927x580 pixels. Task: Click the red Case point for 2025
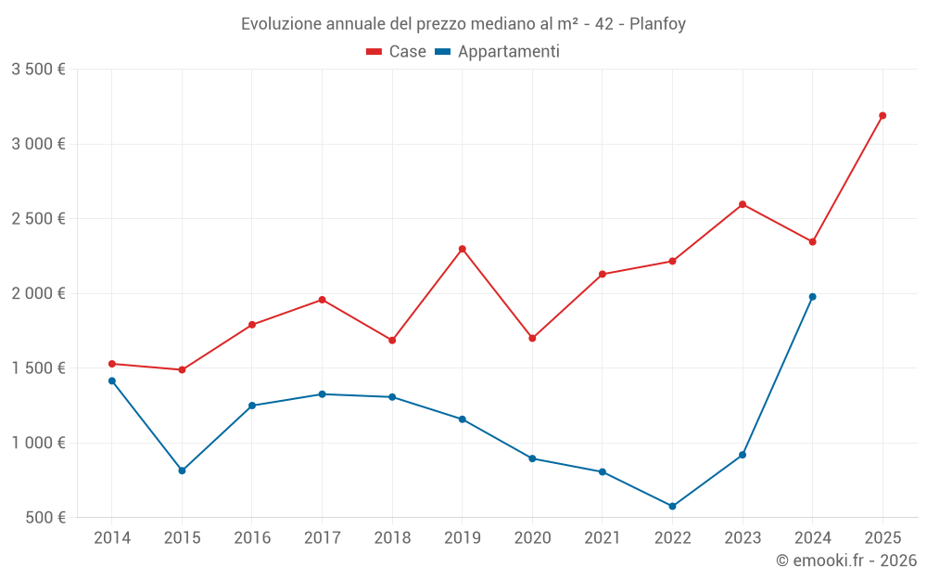click(883, 116)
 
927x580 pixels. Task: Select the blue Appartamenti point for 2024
click(812, 297)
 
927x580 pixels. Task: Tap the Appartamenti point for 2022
click(672, 507)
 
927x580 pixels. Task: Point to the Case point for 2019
click(462, 249)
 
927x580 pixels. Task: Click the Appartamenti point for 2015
click(182, 470)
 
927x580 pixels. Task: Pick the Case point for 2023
click(743, 204)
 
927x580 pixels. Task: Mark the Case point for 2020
click(532, 338)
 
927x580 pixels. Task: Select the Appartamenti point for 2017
click(322, 394)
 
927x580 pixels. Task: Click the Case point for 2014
click(112, 364)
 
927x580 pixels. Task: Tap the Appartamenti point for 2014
click(112, 380)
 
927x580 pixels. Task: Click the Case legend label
click(407, 52)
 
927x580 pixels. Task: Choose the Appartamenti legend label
click(508, 52)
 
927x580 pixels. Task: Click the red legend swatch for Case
click(375, 52)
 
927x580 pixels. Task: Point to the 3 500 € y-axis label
click(39, 70)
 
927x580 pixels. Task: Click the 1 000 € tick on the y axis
click(39, 443)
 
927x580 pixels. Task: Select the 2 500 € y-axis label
click(39, 219)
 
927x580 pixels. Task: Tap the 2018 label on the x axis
click(392, 538)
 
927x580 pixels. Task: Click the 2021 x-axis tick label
click(602, 538)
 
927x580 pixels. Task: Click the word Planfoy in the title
click(657, 24)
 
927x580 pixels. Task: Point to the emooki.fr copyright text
click(845, 561)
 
